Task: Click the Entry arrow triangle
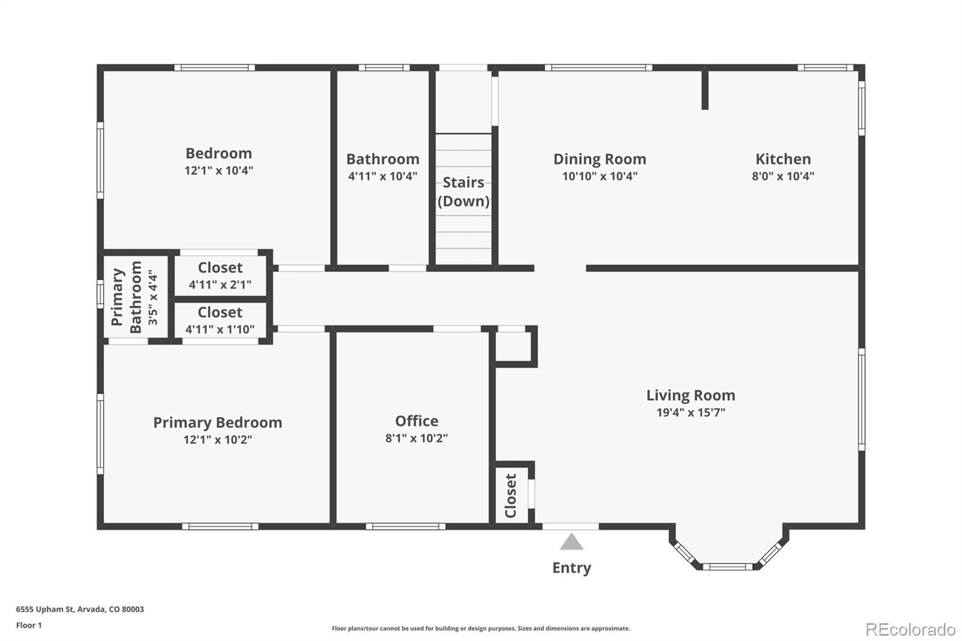point(571,542)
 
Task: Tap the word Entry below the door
point(571,568)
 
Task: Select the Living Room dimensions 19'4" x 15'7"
point(690,413)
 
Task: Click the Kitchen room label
point(783,159)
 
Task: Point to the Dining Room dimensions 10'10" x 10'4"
point(599,176)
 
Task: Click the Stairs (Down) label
point(463,192)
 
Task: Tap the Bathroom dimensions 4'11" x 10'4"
point(382,176)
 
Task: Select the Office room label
point(416,421)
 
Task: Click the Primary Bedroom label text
point(217,423)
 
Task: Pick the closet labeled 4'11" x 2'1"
point(220,276)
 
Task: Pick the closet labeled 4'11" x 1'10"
point(220,320)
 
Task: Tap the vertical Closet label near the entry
point(510,495)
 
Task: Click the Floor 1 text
point(29,625)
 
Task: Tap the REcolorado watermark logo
point(910,630)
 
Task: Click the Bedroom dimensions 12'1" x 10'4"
point(218,171)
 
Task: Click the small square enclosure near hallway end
point(514,346)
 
